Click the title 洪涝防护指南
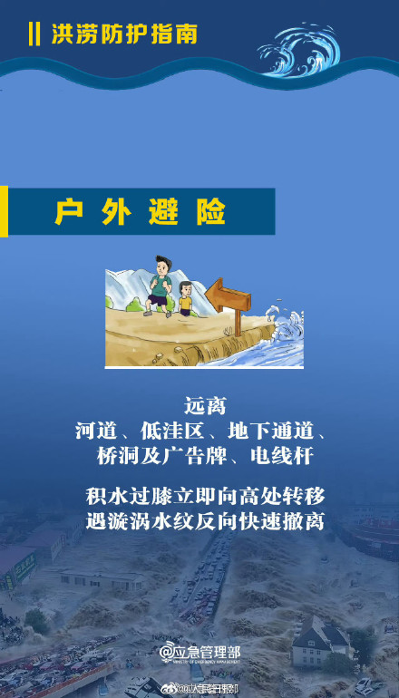tap(124, 35)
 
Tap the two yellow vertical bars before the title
tap(34, 35)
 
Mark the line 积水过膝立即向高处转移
tap(200, 497)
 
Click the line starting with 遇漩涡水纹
tap(200, 523)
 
